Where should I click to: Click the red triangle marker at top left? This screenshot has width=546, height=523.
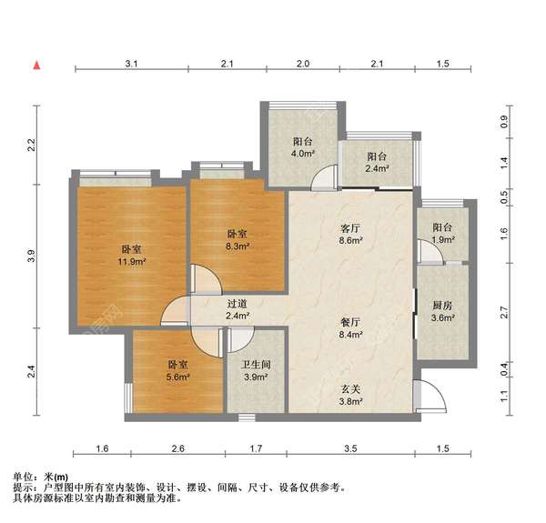point(37,65)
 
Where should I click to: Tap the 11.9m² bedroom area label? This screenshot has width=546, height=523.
point(132,256)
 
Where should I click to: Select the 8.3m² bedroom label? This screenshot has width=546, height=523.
point(238,239)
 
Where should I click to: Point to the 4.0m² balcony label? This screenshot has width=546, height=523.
point(303,148)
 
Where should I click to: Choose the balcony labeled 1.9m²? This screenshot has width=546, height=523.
point(442,234)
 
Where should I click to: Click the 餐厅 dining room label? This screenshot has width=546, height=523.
point(350,328)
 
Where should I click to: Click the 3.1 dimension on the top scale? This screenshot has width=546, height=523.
point(131,64)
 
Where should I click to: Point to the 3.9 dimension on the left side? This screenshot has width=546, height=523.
point(31,257)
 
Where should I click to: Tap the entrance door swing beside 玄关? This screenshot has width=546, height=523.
point(428,396)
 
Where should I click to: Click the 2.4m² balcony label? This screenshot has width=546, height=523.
point(378,162)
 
